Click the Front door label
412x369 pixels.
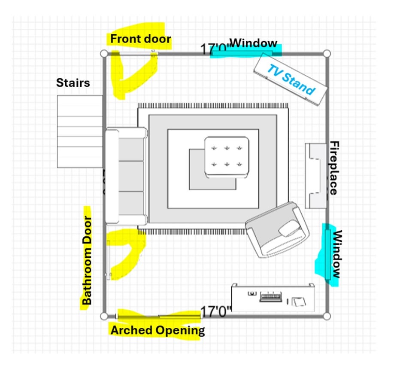[140, 39]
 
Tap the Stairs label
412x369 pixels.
[73, 82]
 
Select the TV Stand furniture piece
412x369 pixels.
[290, 80]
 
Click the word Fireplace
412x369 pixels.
[334, 168]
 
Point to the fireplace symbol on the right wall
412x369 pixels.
[315, 176]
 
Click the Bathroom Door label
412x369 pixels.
[87, 260]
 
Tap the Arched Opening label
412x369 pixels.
[158, 330]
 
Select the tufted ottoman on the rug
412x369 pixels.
[227, 157]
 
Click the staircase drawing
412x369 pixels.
[80, 131]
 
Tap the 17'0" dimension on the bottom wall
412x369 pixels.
[216, 311]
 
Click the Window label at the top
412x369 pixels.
[253, 43]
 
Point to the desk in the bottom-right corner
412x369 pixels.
[273, 298]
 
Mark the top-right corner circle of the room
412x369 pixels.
[327, 54]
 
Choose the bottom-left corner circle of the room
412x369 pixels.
[104, 317]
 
